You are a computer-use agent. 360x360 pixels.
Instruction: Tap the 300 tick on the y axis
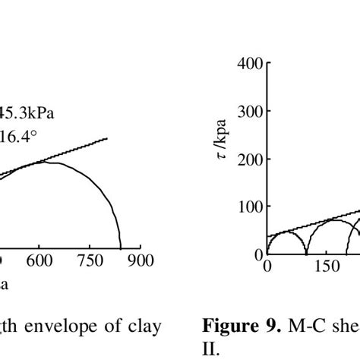point(249,111)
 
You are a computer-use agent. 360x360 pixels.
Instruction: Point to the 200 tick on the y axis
point(249,159)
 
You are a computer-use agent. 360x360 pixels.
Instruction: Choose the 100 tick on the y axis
point(249,207)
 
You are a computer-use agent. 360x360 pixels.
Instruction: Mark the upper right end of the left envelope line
point(108,138)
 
